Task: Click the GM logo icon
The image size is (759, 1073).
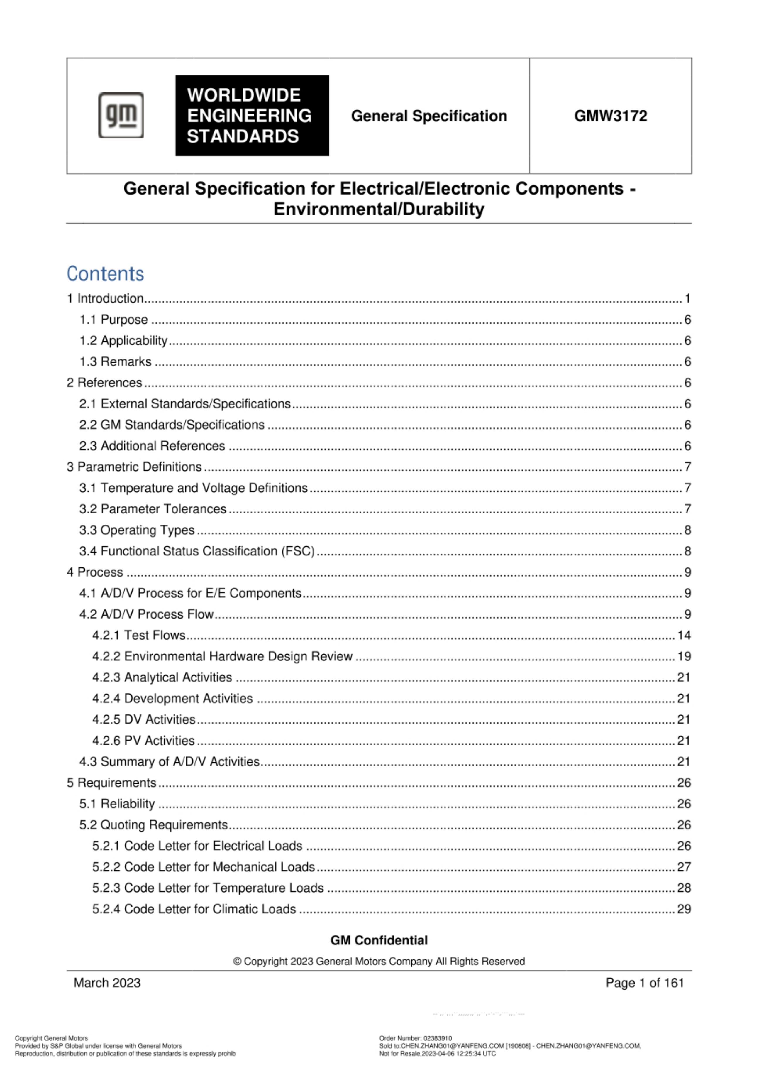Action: [x=121, y=115]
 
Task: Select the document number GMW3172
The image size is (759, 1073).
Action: [x=610, y=116]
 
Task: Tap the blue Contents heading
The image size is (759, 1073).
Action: [x=105, y=273]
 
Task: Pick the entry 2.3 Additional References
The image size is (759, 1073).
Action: [x=152, y=446]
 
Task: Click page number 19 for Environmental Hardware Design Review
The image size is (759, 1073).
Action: [x=684, y=656]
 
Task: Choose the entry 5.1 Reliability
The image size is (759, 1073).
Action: [x=117, y=803]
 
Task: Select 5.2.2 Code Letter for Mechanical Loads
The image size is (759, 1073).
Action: [x=203, y=866]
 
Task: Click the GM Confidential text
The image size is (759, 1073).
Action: [x=379, y=940]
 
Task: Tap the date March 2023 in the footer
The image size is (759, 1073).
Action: [x=107, y=982]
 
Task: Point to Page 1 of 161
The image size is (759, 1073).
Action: [x=645, y=982]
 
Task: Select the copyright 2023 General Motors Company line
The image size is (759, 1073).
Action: [x=379, y=961]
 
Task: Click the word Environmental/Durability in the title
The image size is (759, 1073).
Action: [x=379, y=209]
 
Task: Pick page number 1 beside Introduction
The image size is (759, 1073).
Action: [x=687, y=298]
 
